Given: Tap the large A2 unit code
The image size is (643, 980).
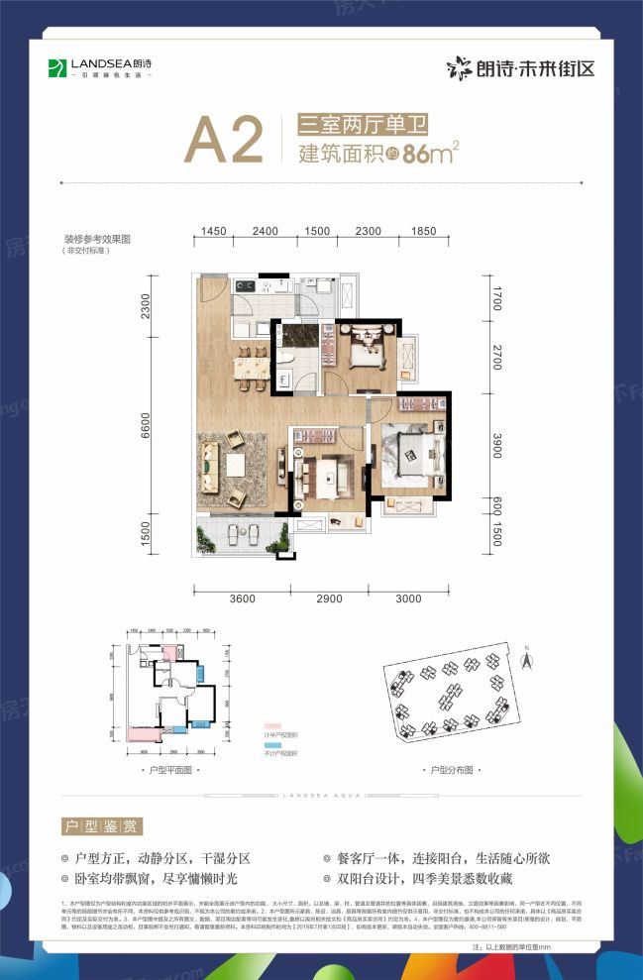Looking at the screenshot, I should [224, 142].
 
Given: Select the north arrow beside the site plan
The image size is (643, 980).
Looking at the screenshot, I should [526, 652].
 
